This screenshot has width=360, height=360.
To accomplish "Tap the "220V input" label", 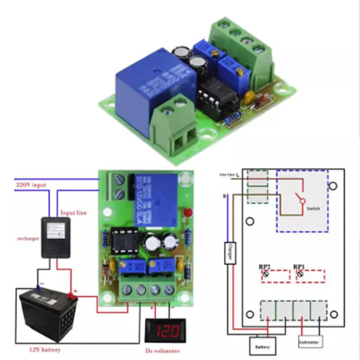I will [x=30, y=184].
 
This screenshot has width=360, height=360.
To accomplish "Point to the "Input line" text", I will [x=73, y=212].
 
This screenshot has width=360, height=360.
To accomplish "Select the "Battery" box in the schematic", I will [x=262, y=347].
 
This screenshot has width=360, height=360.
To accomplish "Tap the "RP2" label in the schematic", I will [x=264, y=267].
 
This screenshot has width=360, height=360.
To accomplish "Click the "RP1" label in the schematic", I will [x=299, y=267].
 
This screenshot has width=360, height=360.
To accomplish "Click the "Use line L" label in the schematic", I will [x=228, y=174].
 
